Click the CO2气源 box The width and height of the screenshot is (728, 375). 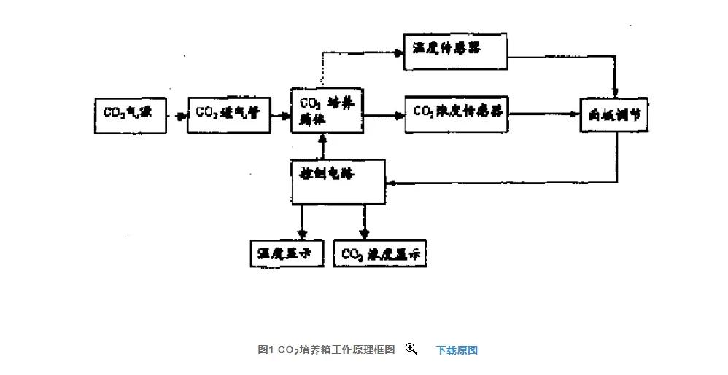(131, 114)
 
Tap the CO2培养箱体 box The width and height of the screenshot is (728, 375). (327, 112)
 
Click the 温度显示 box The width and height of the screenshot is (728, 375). (286, 253)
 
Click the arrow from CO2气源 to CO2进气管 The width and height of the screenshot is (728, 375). (177, 114)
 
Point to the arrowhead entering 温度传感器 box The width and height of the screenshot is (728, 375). (400, 52)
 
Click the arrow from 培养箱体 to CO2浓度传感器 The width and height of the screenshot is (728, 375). (384, 114)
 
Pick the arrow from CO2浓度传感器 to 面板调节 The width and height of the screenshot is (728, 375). (543, 114)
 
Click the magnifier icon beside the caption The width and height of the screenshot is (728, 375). (411, 350)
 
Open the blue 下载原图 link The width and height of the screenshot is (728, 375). (457, 350)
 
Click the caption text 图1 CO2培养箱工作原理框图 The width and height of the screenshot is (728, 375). (325, 350)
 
